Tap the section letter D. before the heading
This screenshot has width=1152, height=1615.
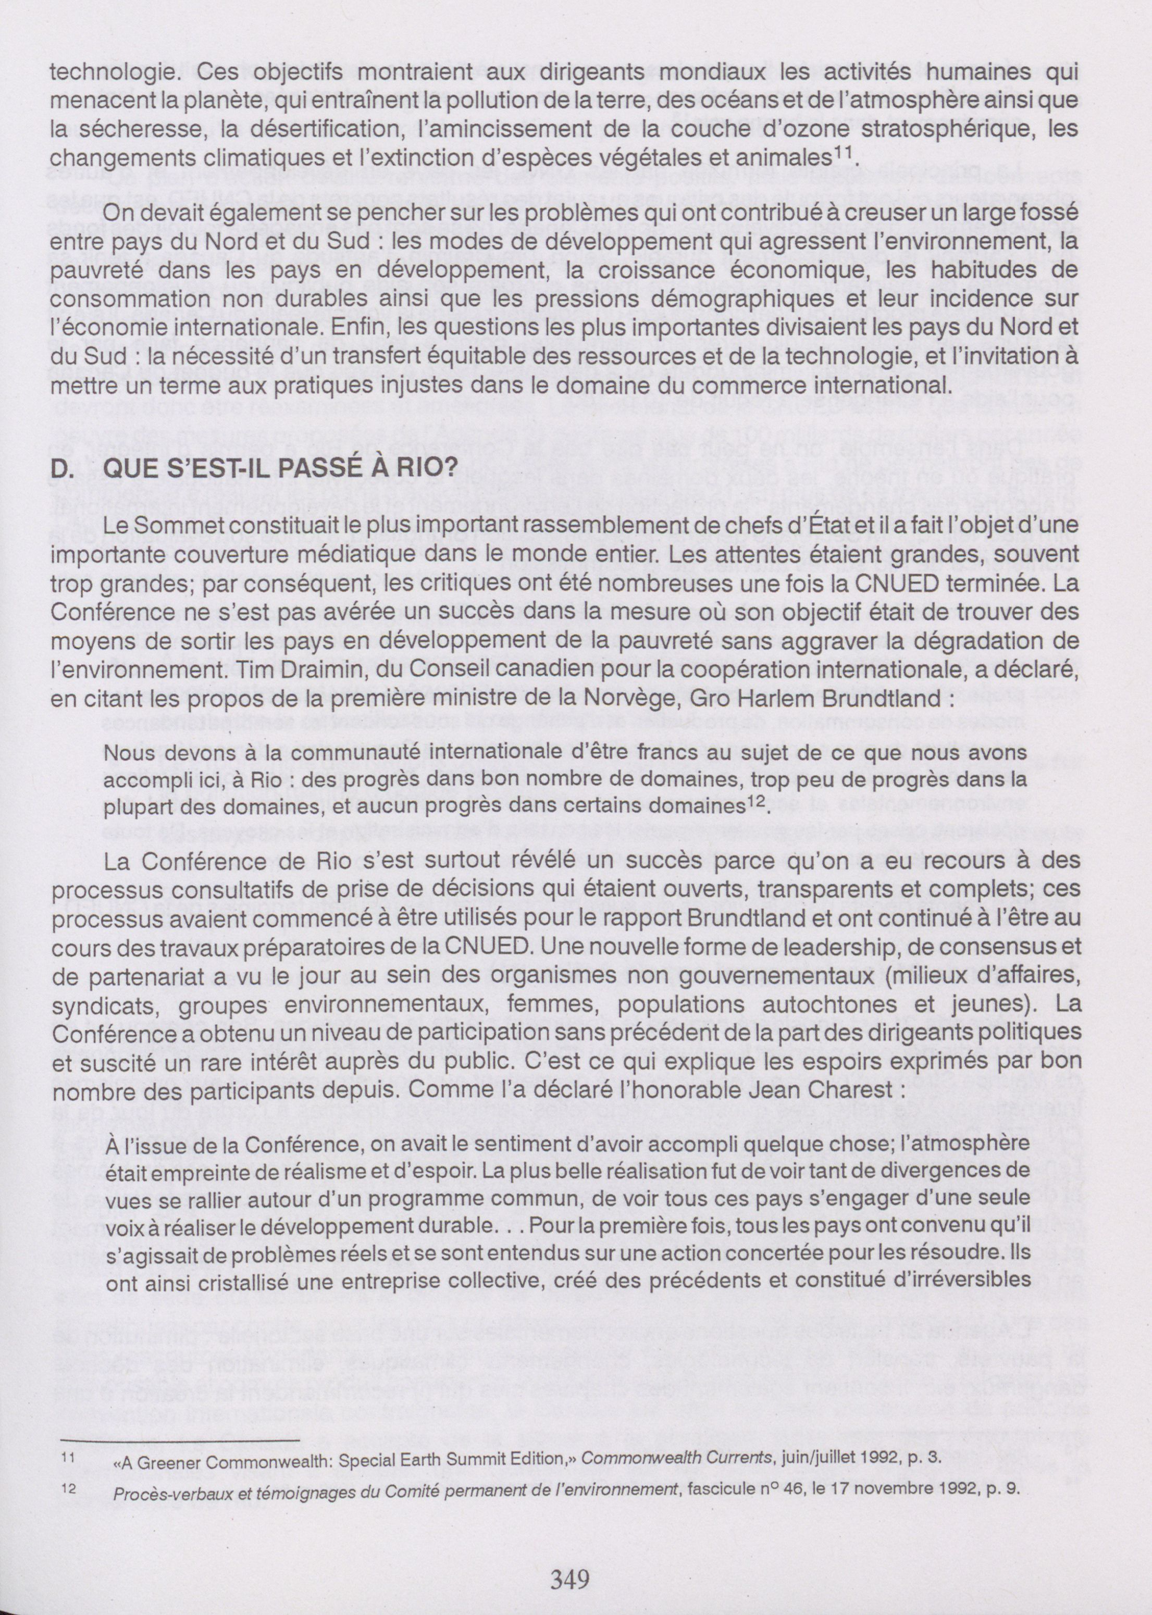point(63,467)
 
